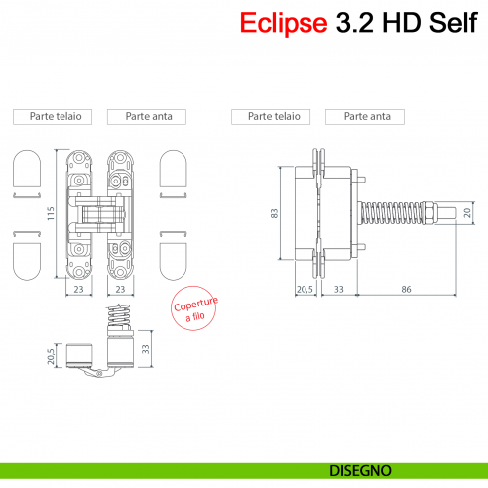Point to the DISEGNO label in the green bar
pos(359,469)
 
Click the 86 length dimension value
pos(406,290)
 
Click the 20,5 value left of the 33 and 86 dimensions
pos(305,290)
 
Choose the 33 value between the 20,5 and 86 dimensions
pos(338,290)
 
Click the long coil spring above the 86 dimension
pos(395,213)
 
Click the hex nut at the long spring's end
pos(433,213)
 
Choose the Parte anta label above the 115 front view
pos(148,116)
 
